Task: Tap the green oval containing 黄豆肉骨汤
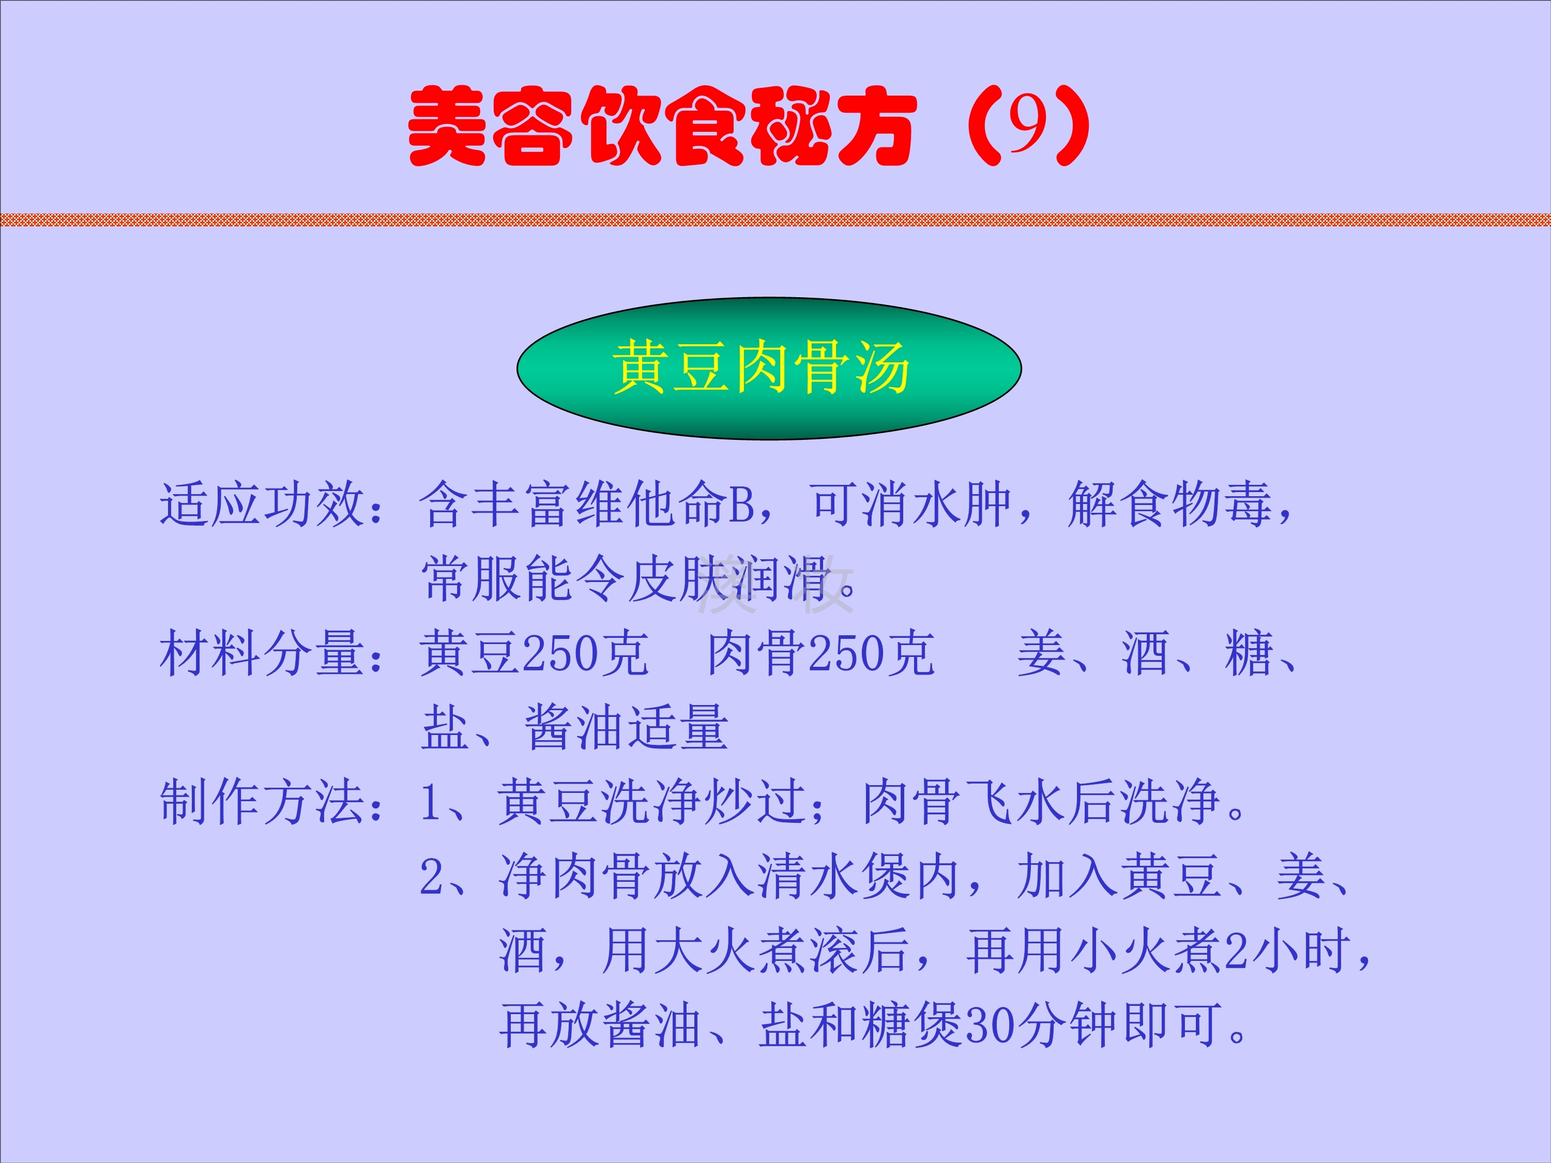coord(769,369)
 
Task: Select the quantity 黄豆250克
coord(534,653)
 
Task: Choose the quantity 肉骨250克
coord(820,653)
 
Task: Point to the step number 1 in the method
coord(431,803)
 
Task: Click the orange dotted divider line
coord(775,220)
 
